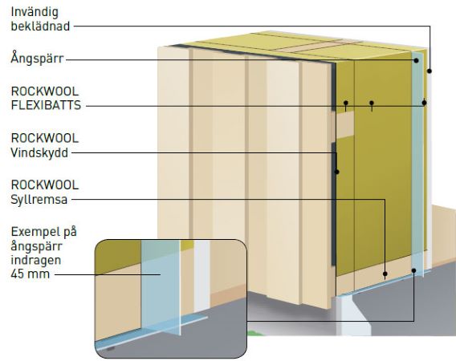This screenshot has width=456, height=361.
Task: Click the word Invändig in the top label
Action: click(x=35, y=13)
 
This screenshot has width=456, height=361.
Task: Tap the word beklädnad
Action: click(x=40, y=26)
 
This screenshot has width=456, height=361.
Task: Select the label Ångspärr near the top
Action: click(x=37, y=58)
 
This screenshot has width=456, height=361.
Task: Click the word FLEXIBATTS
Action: click(x=46, y=105)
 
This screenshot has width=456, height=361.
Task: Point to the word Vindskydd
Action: click(x=39, y=152)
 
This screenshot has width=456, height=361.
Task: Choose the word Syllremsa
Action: click(x=39, y=200)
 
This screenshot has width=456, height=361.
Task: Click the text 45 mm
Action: click(x=31, y=274)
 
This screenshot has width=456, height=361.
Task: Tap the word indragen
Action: click(x=36, y=260)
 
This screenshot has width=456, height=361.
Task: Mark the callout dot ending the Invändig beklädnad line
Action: click(x=430, y=71)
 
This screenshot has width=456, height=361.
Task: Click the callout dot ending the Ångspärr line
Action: click(x=416, y=60)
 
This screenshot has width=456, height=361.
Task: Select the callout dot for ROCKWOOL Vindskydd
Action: click(x=336, y=172)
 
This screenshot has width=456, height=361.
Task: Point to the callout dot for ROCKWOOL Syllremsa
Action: click(x=385, y=274)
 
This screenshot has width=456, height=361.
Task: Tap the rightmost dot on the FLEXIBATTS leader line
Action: click(x=424, y=103)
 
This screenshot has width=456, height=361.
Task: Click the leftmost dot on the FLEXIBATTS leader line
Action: click(x=346, y=103)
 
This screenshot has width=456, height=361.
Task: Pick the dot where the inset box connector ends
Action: click(x=413, y=270)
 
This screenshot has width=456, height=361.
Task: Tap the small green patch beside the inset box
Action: click(x=253, y=333)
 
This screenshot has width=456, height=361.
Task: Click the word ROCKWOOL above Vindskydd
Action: click(x=45, y=138)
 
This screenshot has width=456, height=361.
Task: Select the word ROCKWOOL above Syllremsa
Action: click(x=45, y=185)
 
